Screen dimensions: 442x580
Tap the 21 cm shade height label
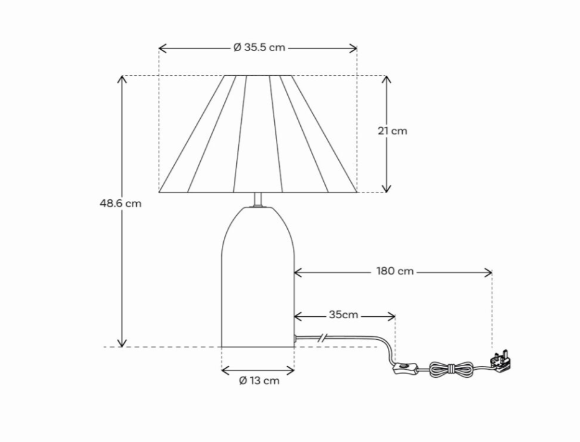click(392, 131)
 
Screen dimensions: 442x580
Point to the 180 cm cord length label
click(395, 271)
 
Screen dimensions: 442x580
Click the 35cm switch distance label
click(343, 315)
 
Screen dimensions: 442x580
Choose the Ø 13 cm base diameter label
click(259, 381)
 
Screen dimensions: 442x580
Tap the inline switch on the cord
click(405, 369)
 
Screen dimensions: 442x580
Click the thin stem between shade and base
click(258, 200)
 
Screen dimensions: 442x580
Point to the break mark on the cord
click(321, 338)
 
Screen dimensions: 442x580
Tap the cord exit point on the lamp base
click(295, 338)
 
